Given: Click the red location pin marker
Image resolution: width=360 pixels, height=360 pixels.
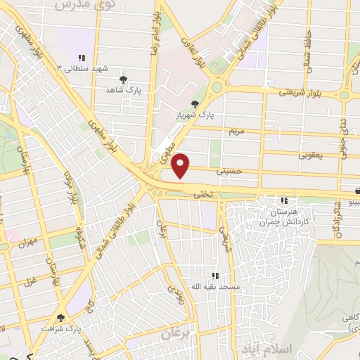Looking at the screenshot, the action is [181, 165].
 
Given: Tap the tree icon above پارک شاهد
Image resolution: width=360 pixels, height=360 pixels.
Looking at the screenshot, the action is [124, 79].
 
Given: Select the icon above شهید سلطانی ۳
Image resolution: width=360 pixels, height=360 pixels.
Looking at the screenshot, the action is [82, 58].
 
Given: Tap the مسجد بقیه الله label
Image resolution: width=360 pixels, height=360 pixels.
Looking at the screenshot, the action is [219, 288].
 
